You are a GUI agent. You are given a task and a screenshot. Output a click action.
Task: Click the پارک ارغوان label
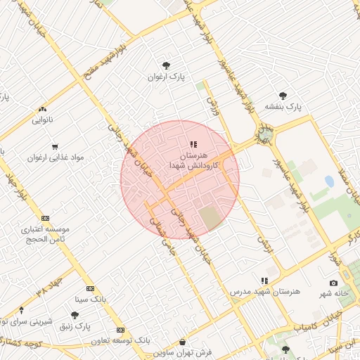coord(165,77)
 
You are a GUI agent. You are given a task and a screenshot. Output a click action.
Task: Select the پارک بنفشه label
coord(283,107)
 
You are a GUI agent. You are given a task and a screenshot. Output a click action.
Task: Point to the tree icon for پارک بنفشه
coord(283,96)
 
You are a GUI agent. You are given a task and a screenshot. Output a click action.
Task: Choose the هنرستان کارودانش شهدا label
coord(194,159)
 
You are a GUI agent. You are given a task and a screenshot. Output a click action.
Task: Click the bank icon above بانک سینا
coord(90,288)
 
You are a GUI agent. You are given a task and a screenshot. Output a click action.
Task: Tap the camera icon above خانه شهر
coord(333,283)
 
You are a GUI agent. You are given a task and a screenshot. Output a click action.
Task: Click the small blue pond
coord(330,181)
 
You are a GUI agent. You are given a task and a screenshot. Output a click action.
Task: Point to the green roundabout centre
coord(265,132)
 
